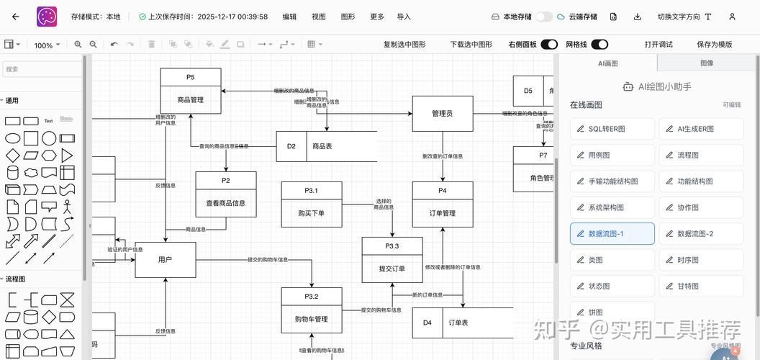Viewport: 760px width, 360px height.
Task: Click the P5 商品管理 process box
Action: click(190, 91)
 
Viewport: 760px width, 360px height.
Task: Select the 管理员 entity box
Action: click(442, 114)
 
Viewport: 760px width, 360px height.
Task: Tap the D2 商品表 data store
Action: click(327, 146)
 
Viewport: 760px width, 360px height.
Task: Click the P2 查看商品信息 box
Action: click(225, 194)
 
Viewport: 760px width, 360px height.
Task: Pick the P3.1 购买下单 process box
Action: click(311, 204)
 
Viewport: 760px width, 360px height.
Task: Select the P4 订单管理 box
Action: click(442, 204)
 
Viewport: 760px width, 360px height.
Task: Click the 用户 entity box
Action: click(165, 259)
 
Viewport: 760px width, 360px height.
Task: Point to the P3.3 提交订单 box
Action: click(392, 260)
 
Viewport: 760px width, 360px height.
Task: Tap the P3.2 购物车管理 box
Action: click(311, 310)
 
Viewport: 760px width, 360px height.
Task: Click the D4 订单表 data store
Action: click(462, 323)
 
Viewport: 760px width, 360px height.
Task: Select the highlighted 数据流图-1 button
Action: click(612, 234)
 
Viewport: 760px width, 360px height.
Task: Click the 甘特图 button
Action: click(701, 286)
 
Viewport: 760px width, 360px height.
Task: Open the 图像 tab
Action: click(707, 63)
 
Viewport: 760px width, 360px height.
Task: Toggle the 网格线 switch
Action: click(599, 45)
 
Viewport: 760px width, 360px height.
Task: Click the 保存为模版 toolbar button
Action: click(714, 45)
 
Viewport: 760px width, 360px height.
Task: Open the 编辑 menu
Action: click(289, 17)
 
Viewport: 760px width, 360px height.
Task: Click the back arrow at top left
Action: click(16, 17)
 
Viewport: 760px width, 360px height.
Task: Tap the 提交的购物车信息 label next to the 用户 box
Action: click(268, 260)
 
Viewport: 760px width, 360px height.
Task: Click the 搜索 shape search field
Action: click(42, 69)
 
